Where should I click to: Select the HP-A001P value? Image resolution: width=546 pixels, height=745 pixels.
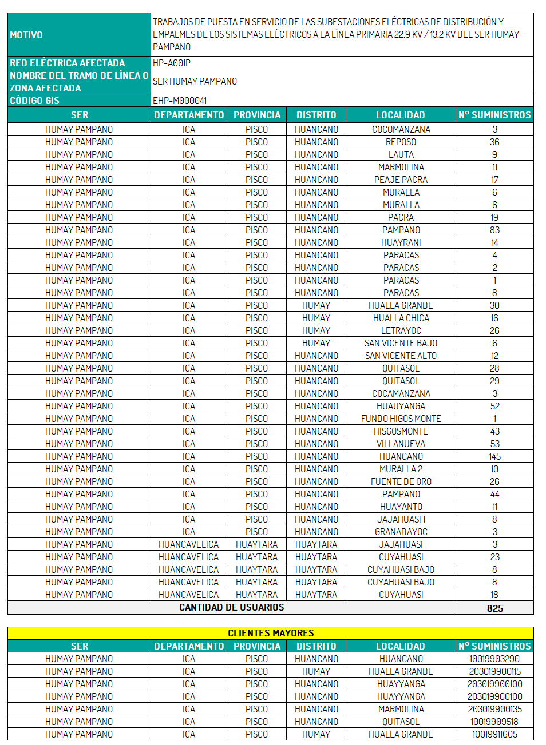click(172, 63)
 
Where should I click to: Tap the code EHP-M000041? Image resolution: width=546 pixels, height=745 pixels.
click(180, 101)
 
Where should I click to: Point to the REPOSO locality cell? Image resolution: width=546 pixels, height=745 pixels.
click(401, 142)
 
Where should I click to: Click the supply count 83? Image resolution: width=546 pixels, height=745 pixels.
click(494, 230)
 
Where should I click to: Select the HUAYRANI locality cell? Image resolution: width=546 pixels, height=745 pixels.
click(401, 242)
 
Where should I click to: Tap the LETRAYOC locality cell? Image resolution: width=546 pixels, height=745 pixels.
click(401, 330)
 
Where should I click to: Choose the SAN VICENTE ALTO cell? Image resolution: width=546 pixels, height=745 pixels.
click(401, 356)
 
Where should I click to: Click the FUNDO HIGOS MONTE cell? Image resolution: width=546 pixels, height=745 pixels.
click(401, 419)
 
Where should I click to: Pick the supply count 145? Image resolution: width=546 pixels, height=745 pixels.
click(494, 456)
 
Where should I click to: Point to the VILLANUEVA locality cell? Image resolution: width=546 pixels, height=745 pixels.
click(401, 444)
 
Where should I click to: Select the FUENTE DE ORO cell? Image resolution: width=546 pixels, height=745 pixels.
click(401, 481)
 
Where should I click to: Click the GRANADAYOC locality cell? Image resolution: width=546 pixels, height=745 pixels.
click(401, 532)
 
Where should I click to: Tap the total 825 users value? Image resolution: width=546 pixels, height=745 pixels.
click(494, 608)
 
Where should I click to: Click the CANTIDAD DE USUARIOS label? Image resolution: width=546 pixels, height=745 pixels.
click(231, 607)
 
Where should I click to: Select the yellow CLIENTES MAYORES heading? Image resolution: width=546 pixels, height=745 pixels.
click(271, 633)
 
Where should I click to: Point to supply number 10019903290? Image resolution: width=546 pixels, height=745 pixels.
click(494, 659)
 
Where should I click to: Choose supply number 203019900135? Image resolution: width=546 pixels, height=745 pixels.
click(494, 709)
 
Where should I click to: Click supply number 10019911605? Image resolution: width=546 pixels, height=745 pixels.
click(494, 734)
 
